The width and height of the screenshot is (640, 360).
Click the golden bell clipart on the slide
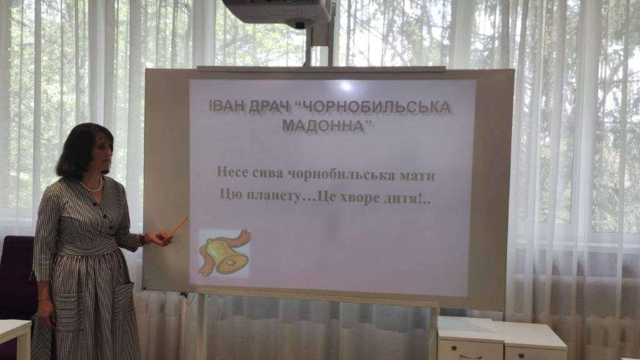[x=224, y=253]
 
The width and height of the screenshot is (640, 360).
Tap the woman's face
[x=104, y=151]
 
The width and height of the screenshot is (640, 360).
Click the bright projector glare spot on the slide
[x=346, y=86]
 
